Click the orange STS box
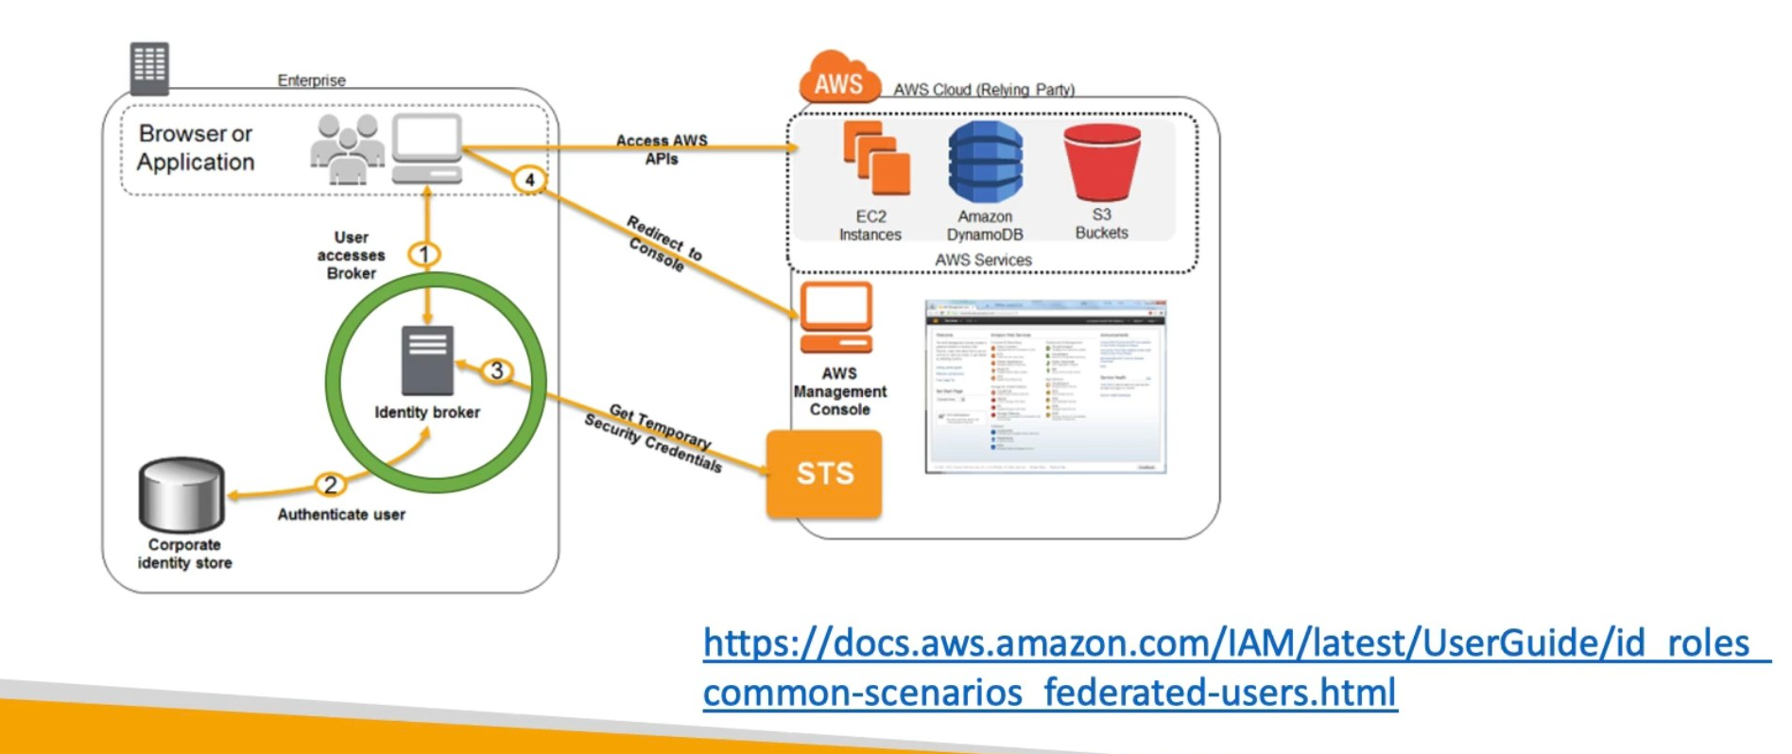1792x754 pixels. pos(823,473)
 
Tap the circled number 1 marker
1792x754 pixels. pos(424,254)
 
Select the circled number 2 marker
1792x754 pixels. pos(330,485)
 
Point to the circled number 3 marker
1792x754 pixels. pos(496,370)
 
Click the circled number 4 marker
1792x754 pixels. pos(529,180)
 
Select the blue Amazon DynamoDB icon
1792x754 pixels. pos(985,163)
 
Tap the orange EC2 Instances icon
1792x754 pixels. pos(875,158)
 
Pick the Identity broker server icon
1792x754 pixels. pos(427,360)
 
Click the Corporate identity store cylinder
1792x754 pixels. pos(181,494)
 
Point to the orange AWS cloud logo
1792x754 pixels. pos(838,79)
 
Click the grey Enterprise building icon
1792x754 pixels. pos(149,67)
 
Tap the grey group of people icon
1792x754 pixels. pos(347,148)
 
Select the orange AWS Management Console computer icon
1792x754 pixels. pos(836,317)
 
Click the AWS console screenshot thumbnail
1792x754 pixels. pos(1045,386)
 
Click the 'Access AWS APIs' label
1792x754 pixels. pos(662,149)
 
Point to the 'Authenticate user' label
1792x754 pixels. pos(341,514)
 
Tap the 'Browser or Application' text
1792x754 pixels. pos(196,147)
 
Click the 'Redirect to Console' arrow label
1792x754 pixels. pos(663,244)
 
